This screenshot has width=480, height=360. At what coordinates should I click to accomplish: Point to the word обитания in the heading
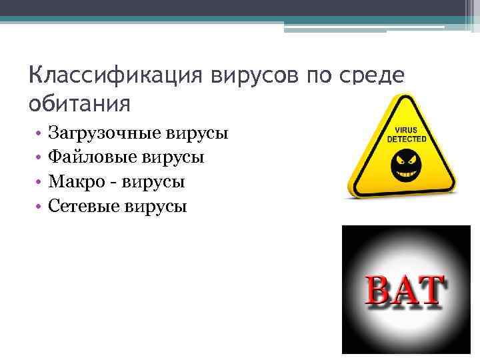[x=79, y=103]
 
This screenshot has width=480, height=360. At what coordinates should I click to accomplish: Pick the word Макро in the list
[x=74, y=181]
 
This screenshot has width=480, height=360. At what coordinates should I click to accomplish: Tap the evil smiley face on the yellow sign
[x=405, y=164]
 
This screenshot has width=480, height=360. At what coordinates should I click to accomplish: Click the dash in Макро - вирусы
[x=112, y=182]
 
